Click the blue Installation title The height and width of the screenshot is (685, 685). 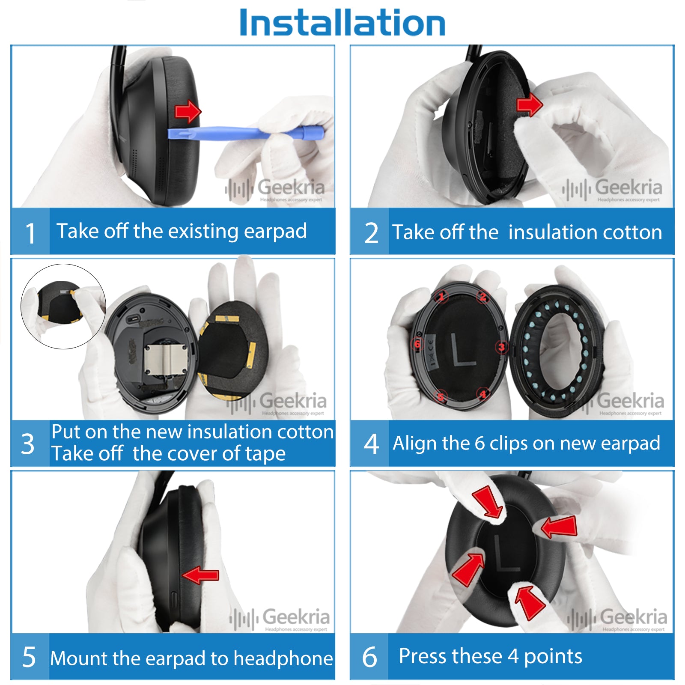[x=342, y=22]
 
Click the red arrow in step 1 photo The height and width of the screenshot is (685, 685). [x=188, y=112]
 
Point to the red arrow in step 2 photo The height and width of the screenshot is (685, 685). [x=530, y=104]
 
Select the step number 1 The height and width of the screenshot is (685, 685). [x=30, y=233]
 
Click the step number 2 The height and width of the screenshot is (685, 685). [x=371, y=233]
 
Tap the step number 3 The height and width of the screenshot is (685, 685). [x=28, y=444]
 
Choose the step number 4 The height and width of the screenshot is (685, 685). [x=371, y=444]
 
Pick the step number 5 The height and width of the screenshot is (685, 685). [x=29, y=657]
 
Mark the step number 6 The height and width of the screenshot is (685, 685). [x=370, y=657]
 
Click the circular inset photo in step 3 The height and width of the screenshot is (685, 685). [x=63, y=307]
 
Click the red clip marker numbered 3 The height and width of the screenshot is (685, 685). [x=502, y=347]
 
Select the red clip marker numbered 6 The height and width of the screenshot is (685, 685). [x=417, y=344]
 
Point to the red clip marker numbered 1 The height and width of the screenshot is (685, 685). [x=441, y=296]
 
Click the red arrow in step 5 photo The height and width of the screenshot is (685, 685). [x=200, y=575]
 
